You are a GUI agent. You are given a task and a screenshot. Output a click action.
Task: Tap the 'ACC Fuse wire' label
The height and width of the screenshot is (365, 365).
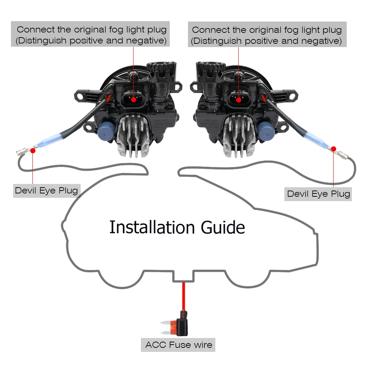[x=178, y=345]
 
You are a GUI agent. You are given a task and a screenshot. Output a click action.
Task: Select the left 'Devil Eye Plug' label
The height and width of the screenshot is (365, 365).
[x=46, y=190]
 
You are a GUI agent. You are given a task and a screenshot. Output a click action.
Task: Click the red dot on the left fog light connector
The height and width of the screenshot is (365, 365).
[x=134, y=99]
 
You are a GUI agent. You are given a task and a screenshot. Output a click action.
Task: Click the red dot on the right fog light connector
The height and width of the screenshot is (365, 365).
[x=238, y=99]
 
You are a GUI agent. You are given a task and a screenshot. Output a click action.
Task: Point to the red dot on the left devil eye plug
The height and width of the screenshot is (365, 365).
[x=33, y=150]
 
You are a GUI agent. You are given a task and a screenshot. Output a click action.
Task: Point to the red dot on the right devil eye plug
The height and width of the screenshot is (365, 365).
[x=333, y=148]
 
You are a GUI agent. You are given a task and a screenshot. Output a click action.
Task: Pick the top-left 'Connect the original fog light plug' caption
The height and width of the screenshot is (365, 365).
[x=92, y=35]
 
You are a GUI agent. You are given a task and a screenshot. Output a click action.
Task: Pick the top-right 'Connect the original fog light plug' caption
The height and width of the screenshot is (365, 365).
[x=267, y=35]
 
